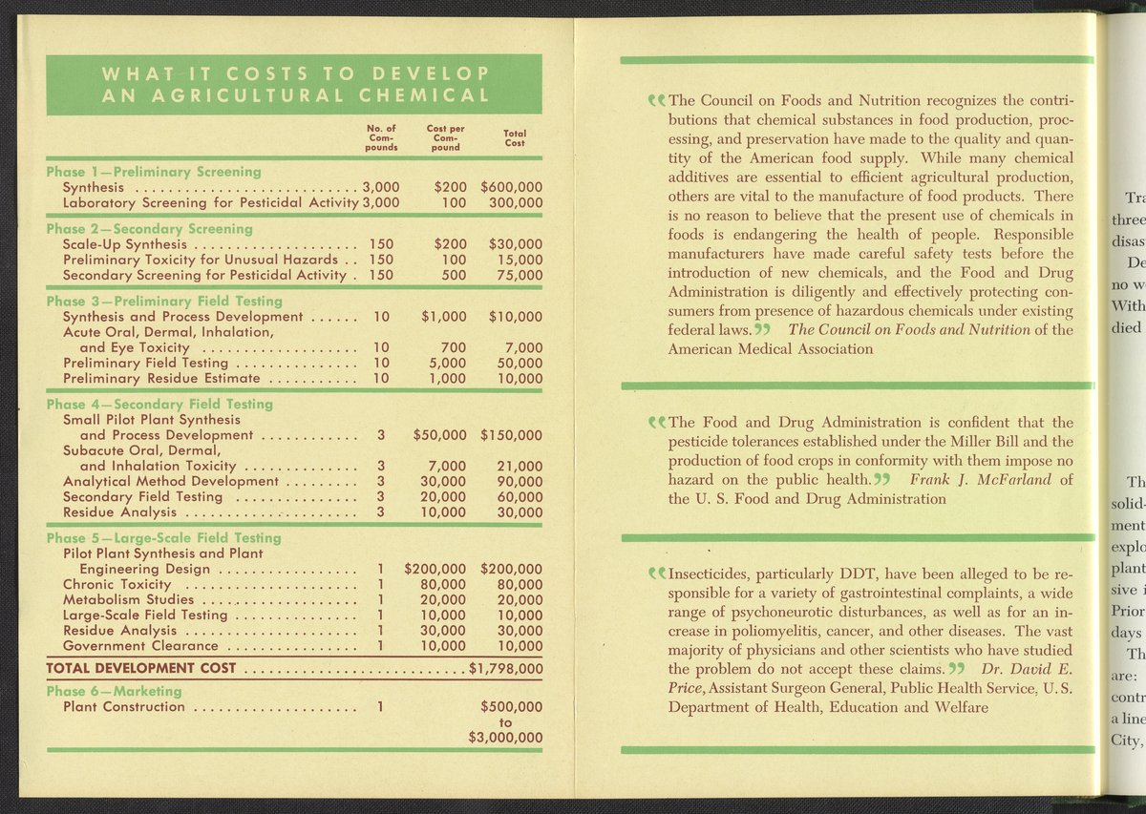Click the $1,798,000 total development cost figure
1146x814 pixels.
(506, 668)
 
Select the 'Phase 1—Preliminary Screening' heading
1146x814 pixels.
(154, 172)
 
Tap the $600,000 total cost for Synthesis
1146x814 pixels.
(512, 187)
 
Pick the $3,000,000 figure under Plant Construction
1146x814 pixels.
(506, 738)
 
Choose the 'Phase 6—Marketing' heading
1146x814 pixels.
(114, 691)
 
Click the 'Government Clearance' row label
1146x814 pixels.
(138, 646)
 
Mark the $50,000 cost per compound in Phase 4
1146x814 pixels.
(439, 435)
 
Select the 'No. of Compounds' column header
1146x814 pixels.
(382, 137)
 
